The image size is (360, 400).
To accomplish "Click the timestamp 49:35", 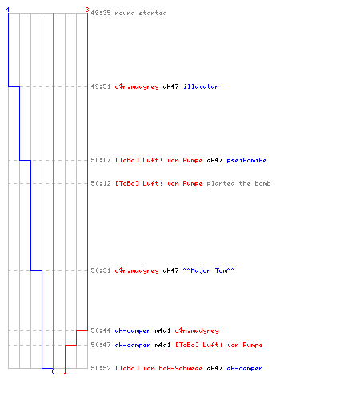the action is click(101, 13).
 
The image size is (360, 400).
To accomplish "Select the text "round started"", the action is click(141, 13).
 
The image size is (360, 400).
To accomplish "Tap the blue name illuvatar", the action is click(201, 86).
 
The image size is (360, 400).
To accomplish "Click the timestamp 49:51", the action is click(101, 86).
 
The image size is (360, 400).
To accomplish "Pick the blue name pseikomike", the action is click(246, 160).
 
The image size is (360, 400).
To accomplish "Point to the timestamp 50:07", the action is click(101, 160).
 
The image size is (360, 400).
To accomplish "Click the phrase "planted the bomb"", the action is click(238, 183).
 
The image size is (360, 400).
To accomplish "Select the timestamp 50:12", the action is click(101, 183).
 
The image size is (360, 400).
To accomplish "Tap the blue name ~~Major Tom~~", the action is click(209, 270).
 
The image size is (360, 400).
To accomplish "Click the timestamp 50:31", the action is click(101, 270).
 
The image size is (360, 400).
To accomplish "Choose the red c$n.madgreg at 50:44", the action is click(197, 330).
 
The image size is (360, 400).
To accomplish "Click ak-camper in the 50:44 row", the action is click(133, 330).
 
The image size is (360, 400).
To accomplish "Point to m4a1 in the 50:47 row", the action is click(162, 345).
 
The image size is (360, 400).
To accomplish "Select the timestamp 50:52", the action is click(101, 368).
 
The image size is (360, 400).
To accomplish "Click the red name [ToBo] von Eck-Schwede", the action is click(158, 368).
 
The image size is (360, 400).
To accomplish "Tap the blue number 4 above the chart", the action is click(8, 10).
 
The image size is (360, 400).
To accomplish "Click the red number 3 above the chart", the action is click(86, 10).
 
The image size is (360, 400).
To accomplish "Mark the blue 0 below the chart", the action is click(53, 371).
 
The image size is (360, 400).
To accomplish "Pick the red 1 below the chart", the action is click(65, 371).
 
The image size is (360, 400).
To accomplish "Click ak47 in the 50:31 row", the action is click(170, 270).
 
